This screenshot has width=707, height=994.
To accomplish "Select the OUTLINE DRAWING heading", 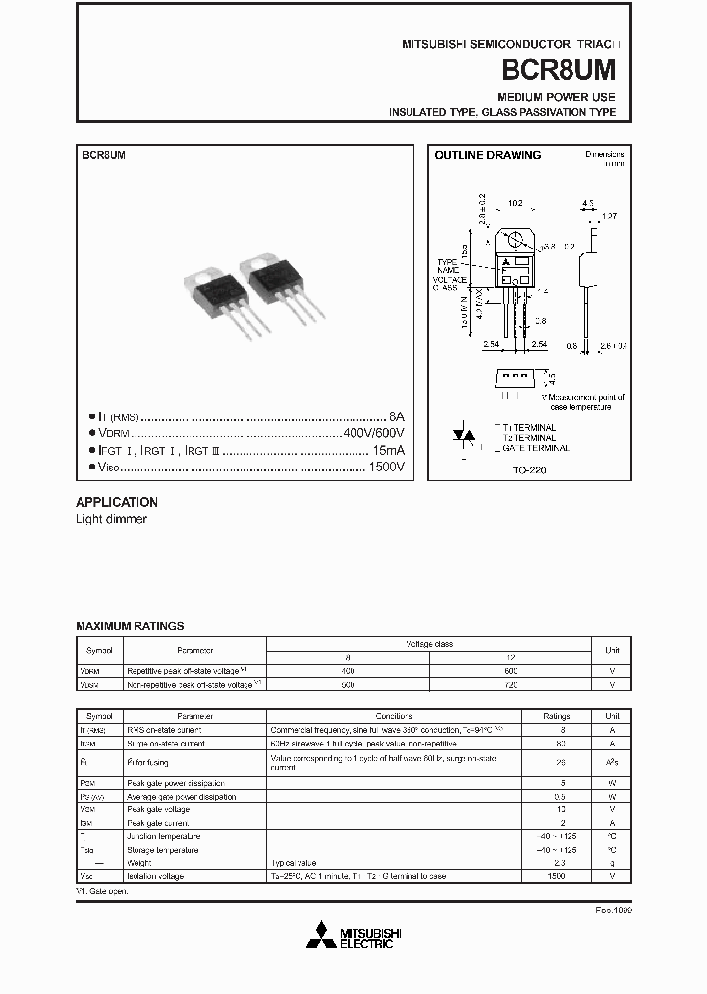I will click(x=487, y=155).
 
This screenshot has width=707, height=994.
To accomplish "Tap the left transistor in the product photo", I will click(x=221, y=295).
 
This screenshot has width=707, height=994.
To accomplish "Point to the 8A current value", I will click(x=396, y=416).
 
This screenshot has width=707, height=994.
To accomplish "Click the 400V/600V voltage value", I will click(x=373, y=433).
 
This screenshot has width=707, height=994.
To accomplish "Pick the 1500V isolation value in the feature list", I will click(x=387, y=467).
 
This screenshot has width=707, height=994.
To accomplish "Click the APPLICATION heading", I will click(x=117, y=502).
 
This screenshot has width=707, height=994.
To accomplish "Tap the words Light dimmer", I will click(x=111, y=519).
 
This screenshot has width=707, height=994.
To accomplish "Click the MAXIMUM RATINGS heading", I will click(x=130, y=626).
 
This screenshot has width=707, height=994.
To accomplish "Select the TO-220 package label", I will click(x=529, y=470).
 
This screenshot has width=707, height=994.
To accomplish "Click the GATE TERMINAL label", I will click(x=534, y=448).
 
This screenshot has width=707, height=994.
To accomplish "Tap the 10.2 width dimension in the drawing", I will click(x=515, y=204).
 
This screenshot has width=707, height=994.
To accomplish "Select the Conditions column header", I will click(x=394, y=716).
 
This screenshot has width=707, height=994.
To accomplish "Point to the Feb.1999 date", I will click(x=614, y=911).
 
